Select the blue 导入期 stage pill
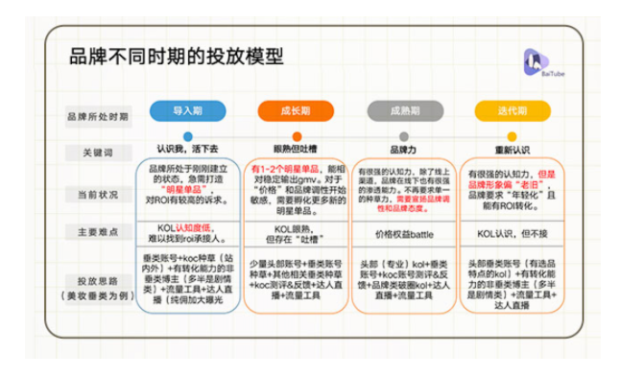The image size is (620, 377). tap(187, 110)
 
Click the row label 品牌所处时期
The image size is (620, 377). tap(98, 115)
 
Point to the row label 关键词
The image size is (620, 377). tap(98, 153)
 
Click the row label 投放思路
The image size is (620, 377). tap(98, 280)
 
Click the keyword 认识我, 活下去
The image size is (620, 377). tap(187, 149)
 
